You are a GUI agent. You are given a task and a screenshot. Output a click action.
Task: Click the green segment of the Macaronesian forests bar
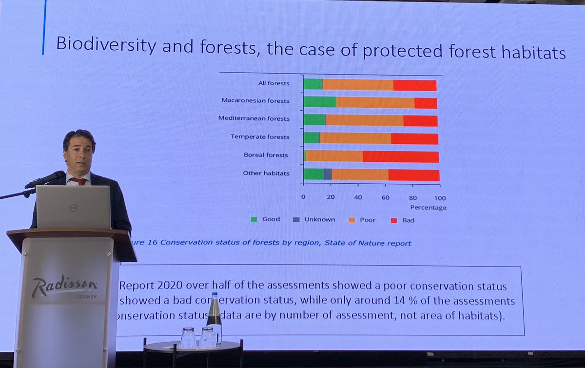tap(319, 102)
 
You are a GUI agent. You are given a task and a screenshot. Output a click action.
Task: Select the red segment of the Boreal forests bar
tap(400, 156)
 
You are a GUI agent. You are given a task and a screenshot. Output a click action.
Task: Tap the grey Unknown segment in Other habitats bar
tap(328, 174)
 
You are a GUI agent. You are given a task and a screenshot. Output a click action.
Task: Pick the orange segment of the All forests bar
tap(358, 85)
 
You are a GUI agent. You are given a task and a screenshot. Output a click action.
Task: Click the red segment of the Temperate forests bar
tap(414, 138)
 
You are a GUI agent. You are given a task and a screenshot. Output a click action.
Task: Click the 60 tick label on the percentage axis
tap(386, 198)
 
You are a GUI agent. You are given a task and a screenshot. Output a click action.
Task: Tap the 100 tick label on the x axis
tap(439, 198)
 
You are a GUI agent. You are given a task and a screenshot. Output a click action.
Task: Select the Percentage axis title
tap(428, 208)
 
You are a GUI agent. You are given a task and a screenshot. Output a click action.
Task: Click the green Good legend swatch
tap(254, 220)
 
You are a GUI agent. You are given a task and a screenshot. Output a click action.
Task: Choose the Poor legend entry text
tap(368, 220)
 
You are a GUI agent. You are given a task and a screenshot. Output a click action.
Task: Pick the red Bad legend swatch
tap(394, 220)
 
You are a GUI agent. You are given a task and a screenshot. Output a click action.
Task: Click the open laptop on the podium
tap(73, 207)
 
